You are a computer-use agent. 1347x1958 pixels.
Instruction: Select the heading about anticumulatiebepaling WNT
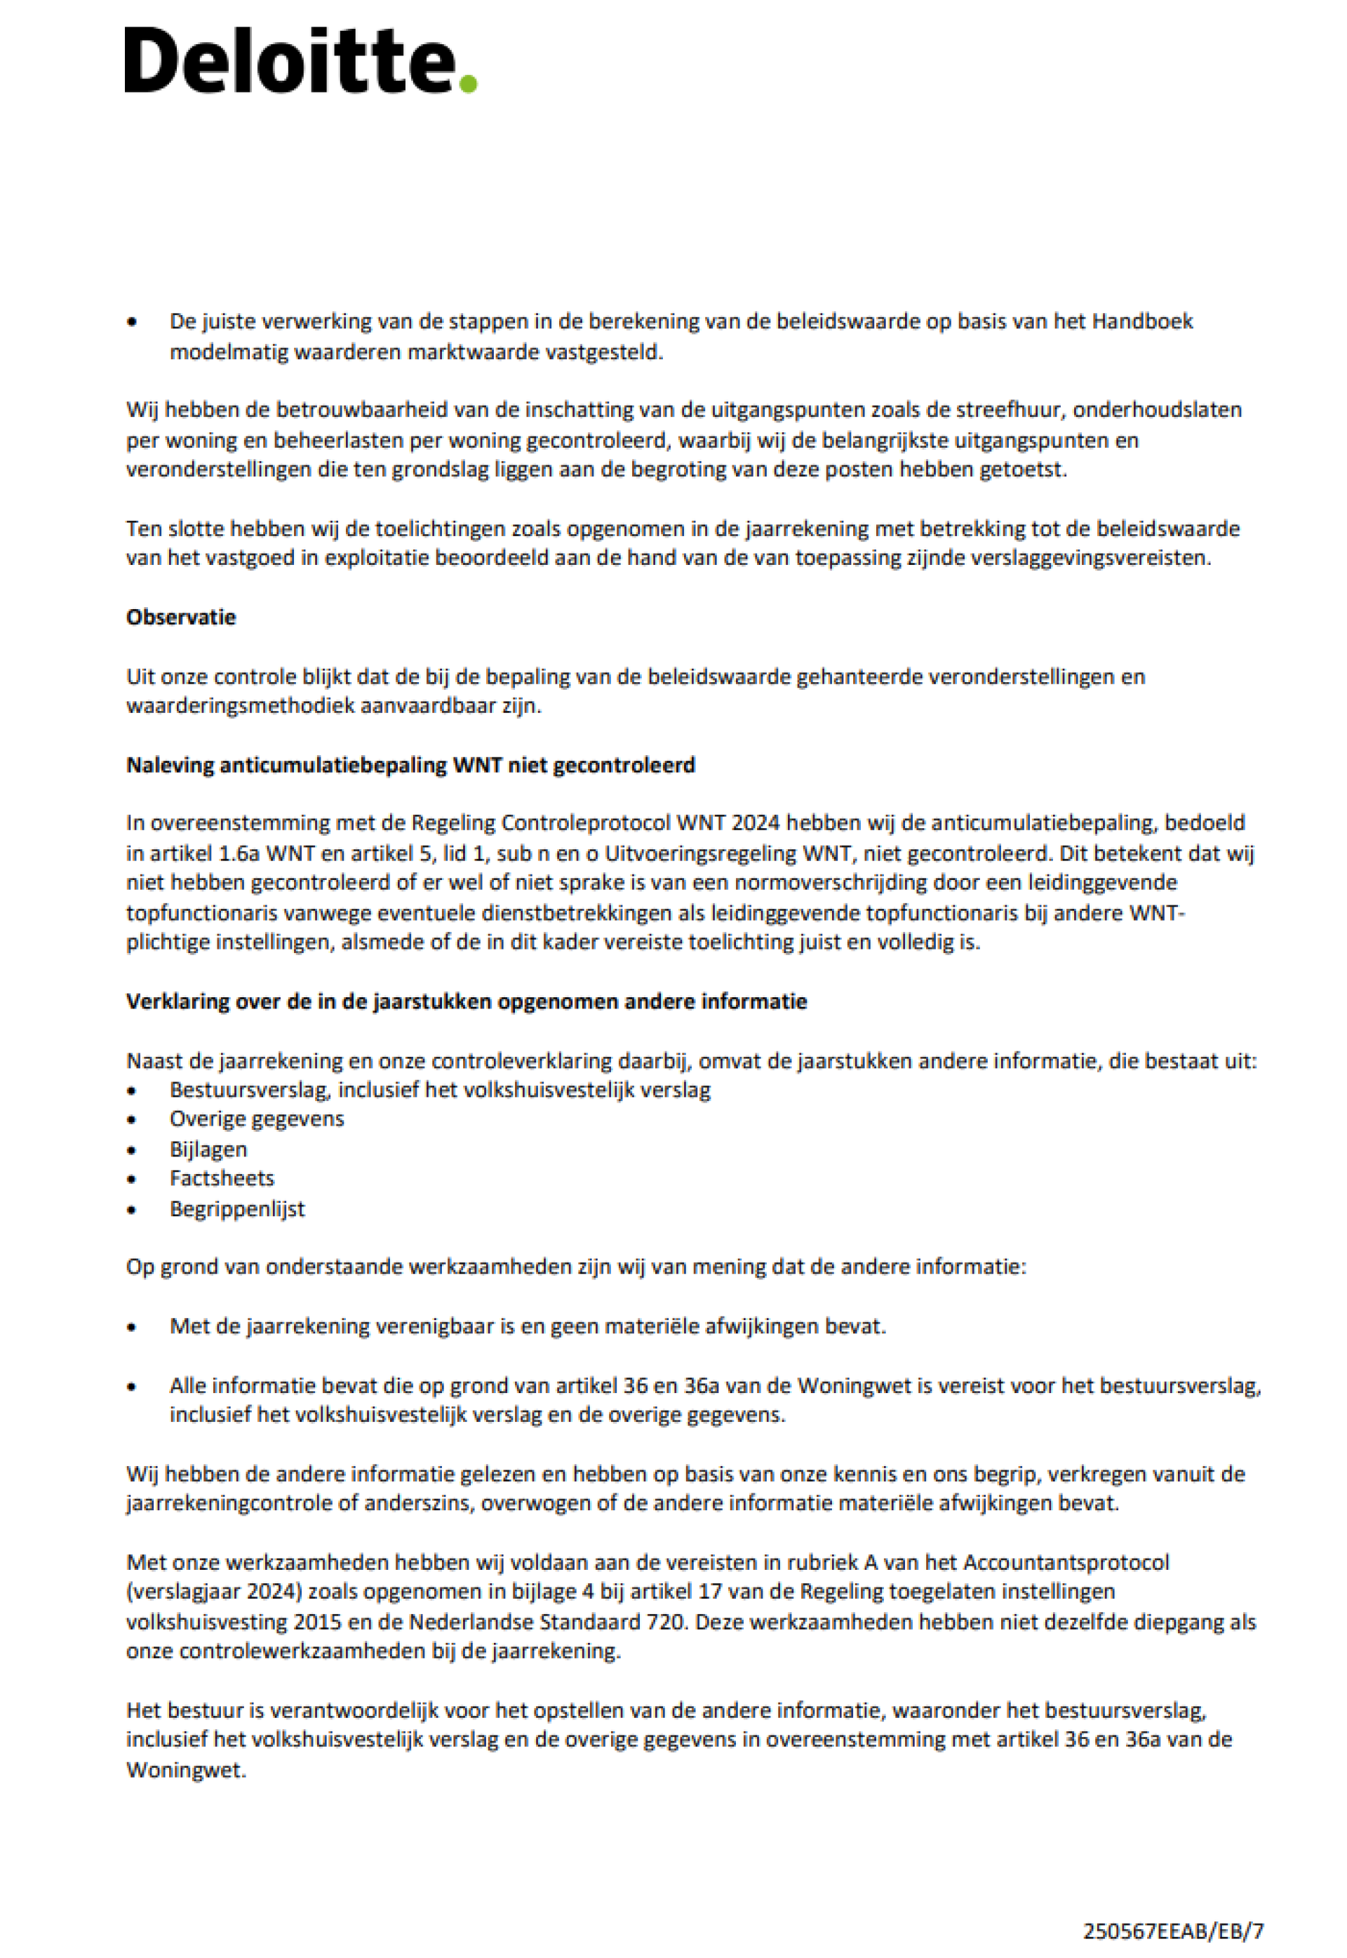pyautogui.click(x=410, y=765)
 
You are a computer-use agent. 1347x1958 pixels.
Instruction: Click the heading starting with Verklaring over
pyautogui.click(x=466, y=1001)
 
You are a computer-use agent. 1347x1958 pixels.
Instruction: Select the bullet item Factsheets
pyautogui.click(x=222, y=1178)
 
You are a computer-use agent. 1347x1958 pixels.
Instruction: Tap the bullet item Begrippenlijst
pyautogui.click(x=237, y=1208)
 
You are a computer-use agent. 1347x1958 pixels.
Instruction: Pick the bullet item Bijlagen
pyautogui.click(x=208, y=1149)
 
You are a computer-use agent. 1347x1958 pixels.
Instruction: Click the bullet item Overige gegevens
pyautogui.click(x=257, y=1119)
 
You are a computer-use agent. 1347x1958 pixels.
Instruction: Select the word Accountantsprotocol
pyautogui.click(x=1066, y=1562)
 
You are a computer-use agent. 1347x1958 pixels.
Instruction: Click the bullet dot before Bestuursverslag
pyautogui.click(x=132, y=1091)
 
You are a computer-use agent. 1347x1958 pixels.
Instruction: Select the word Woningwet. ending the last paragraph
pyautogui.click(x=186, y=1770)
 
